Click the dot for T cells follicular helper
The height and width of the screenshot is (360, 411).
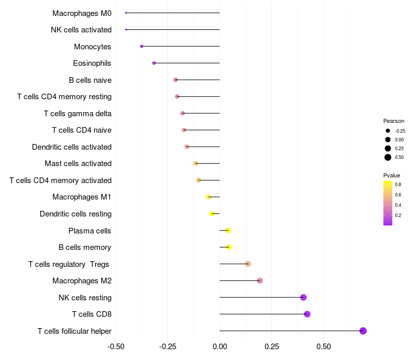(363, 331)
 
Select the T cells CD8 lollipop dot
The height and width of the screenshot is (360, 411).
(307, 314)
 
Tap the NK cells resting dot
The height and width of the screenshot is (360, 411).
(304, 297)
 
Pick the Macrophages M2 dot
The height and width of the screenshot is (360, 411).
(260, 281)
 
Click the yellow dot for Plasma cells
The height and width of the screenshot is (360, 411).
(228, 230)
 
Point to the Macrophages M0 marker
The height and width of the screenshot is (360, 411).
(126, 13)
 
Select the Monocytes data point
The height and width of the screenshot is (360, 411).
(142, 46)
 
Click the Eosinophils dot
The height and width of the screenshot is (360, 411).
(154, 63)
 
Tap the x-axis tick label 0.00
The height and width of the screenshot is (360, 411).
(220, 347)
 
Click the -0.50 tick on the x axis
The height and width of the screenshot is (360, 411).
(116, 347)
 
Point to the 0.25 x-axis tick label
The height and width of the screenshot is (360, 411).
(272, 347)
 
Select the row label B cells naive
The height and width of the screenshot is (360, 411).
(90, 80)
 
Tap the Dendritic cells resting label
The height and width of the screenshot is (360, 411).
(76, 214)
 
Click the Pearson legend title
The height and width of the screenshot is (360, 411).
(394, 121)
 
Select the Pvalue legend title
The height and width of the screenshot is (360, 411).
(391, 175)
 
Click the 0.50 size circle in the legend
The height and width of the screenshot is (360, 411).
(388, 157)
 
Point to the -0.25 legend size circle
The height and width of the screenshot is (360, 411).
(388, 131)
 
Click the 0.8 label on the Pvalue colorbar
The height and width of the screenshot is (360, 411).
(398, 184)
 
